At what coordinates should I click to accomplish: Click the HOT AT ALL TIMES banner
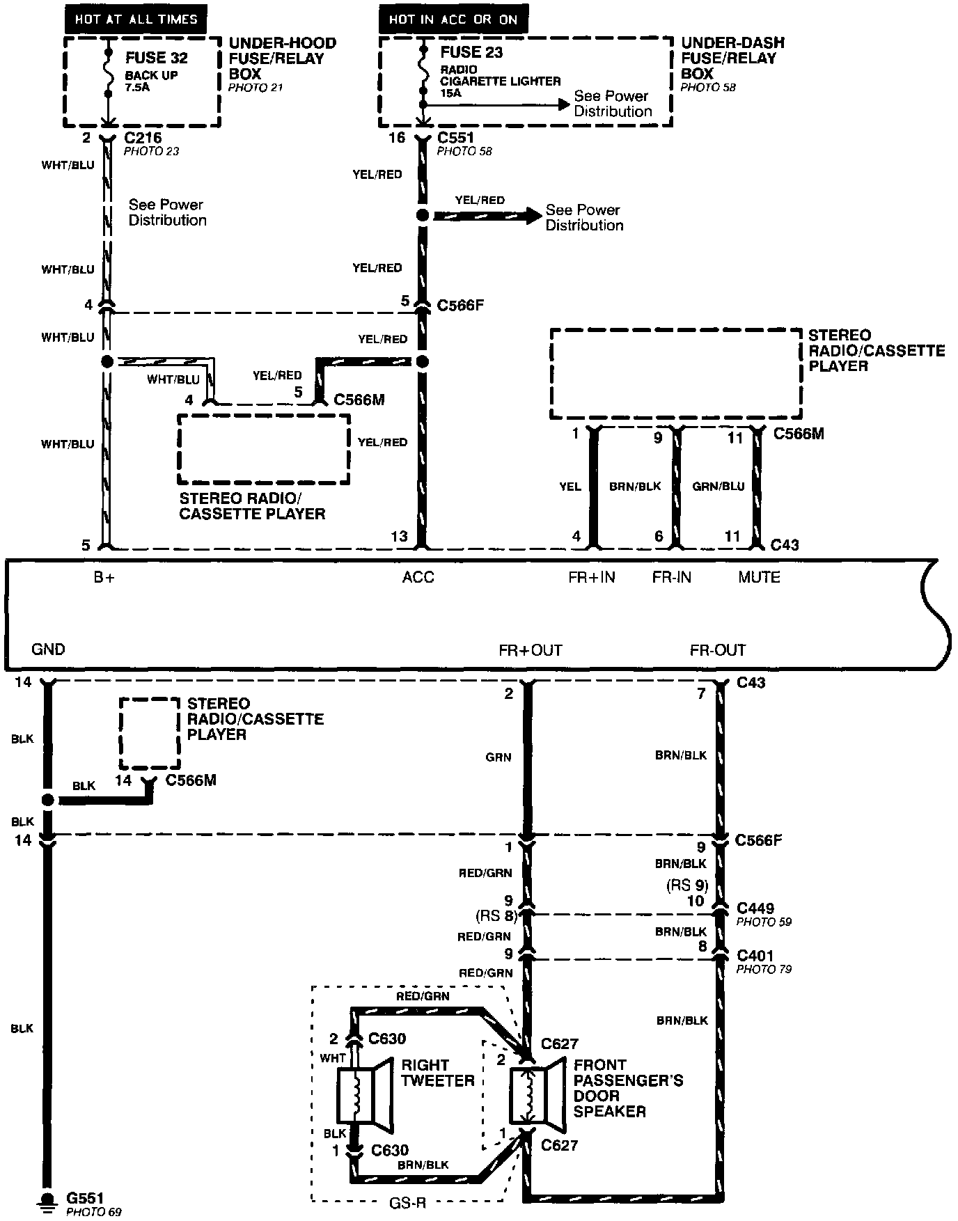[x=136, y=19]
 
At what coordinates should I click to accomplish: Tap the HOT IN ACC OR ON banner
[x=453, y=19]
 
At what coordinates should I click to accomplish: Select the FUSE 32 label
[x=156, y=57]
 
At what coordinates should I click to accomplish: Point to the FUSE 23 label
[x=471, y=52]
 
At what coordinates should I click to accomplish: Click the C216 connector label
[x=142, y=138]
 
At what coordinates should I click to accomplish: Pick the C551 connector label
[x=455, y=138]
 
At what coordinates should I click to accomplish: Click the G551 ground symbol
[x=47, y=1200]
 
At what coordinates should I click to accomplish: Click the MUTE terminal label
[x=759, y=577]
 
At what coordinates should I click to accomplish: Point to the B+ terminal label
[x=104, y=577]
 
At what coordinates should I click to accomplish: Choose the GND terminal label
[x=48, y=649]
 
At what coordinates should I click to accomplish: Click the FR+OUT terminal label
[x=530, y=650]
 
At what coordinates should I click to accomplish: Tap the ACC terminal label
[x=418, y=577]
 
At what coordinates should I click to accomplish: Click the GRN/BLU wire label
[x=718, y=487]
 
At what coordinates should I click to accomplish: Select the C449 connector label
[x=755, y=908]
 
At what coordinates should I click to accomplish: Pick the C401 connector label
[x=755, y=956]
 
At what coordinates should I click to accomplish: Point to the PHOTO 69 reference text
[x=94, y=1213]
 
